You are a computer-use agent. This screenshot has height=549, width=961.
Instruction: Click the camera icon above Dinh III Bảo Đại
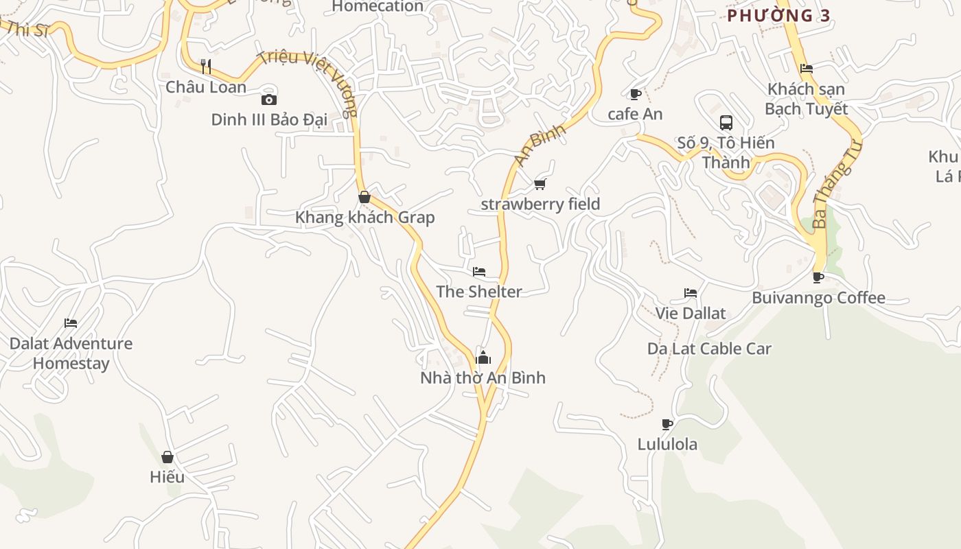269,100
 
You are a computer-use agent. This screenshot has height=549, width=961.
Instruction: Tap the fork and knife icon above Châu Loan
205,67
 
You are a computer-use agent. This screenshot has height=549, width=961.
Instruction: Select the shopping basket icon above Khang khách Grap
364,197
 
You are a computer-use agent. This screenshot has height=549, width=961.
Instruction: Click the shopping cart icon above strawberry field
540,184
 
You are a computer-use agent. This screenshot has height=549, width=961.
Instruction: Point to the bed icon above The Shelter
479,272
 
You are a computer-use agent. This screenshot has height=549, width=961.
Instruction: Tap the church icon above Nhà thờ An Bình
483,358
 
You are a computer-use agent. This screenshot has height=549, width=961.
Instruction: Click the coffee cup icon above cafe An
636,94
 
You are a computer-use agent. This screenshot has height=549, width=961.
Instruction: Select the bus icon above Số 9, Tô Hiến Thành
726,123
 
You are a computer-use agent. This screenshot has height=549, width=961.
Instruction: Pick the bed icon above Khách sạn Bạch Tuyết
807,69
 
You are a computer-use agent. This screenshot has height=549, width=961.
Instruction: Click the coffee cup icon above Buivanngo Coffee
818,278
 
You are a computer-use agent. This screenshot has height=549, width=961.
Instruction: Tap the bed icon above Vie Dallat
691,293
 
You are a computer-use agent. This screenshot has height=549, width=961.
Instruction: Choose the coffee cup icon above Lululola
667,424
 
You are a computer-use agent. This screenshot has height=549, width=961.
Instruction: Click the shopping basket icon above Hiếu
167,457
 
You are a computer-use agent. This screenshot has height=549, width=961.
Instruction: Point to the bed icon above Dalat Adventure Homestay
71,323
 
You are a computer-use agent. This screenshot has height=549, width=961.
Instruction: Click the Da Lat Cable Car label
709,349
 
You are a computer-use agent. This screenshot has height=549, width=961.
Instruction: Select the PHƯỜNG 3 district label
779,16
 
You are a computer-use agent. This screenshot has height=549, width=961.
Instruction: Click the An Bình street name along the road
540,144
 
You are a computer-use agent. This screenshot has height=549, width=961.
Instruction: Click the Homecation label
378,7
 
